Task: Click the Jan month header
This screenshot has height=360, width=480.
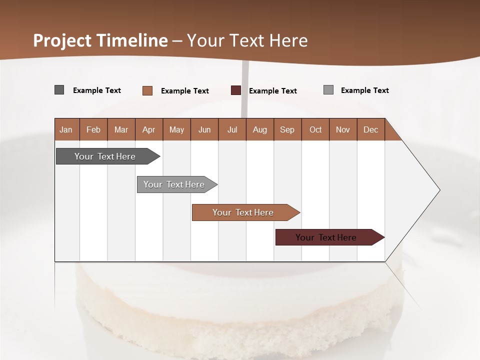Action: click(x=66, y=129)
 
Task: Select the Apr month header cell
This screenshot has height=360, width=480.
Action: click(x=149, y=129)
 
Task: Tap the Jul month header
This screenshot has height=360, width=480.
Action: click(x=232, y=129)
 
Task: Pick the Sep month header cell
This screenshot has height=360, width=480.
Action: click(x=287, y=129)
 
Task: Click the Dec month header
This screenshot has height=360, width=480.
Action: click(x=370, y=129)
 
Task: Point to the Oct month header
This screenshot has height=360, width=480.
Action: click(x=315, y=129)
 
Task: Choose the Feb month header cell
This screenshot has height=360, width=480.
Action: click(x=93, y=129)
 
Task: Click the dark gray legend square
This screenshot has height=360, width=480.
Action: click(x=59, y=90)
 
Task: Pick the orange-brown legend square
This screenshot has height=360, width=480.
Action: click(x=147, y=90)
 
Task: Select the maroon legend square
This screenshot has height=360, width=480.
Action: click(x=236, y=90)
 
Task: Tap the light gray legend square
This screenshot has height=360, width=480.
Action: click(x=328, y=90)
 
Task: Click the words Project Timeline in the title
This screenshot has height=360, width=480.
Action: click(x=100, y=40)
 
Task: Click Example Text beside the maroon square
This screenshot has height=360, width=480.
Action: click(x=272, y=90)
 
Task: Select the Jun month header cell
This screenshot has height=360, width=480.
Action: click(x=204, y=129)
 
